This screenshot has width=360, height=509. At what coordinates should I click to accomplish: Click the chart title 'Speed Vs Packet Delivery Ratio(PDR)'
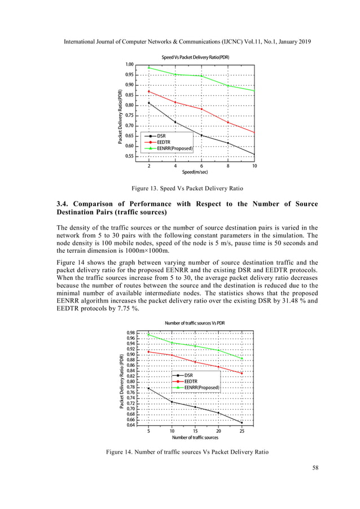(195, 58)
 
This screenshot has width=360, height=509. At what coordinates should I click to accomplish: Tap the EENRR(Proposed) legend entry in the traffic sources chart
(201, 388)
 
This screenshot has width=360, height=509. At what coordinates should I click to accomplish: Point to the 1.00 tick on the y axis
(129, 64)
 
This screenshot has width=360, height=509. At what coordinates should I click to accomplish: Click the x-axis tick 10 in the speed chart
(254, 166)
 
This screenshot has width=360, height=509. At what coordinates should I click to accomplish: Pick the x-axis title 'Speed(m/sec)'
(195, 172)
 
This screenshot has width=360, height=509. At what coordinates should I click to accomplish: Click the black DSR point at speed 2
(149, 103)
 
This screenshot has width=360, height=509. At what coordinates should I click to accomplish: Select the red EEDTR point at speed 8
(228, 122)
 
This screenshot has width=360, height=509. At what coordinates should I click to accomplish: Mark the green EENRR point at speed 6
(201, 76)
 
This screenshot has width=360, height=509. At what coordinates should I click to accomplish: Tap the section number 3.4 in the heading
(64, 204)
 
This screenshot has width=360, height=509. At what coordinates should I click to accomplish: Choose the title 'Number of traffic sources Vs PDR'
(195, 323)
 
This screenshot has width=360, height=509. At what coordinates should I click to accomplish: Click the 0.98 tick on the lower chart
(130, 333)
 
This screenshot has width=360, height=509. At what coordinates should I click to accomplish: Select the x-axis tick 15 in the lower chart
(195, 431)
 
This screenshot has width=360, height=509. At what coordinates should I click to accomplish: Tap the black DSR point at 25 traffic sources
(242, 423)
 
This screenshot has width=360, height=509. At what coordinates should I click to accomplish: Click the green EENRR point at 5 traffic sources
(148, 335)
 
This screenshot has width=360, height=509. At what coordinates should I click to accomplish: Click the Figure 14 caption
(179, 452)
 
